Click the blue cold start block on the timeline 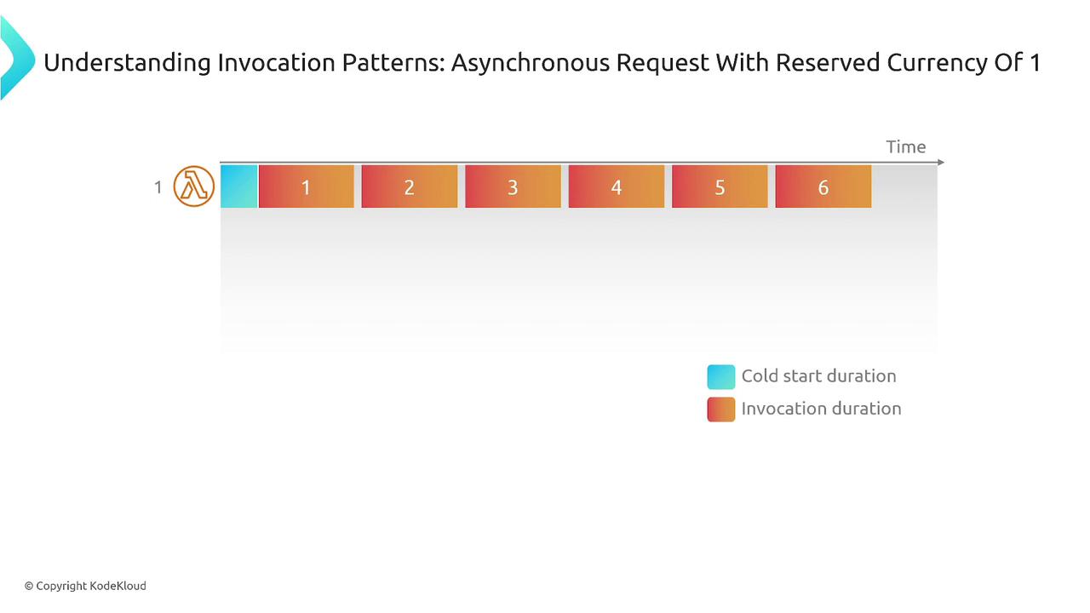pos(239,186)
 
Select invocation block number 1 pos(307,186)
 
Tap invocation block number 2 pos(410,186)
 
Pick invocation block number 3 pos(513,186)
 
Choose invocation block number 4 pos(617,186)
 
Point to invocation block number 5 pos(720,186)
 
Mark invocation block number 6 pos(823,186)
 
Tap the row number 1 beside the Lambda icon pos(158,187)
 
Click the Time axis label pos(905,147)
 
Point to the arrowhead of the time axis pos(941,162)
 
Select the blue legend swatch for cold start pos(721,377)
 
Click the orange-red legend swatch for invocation pos(721,410)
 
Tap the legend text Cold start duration pos(818,376)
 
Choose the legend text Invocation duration pos(822,409)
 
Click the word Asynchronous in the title pos(530,63)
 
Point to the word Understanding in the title pos(127,63)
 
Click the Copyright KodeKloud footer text pos(86,586)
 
